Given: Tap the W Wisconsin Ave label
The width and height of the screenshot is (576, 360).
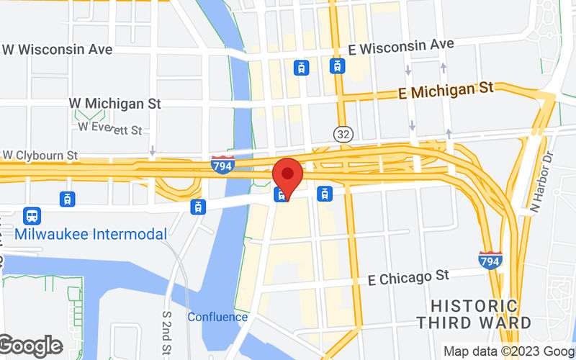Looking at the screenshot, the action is [x=58, y=50].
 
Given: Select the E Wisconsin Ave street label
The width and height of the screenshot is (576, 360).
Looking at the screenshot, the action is [x=400, y=46].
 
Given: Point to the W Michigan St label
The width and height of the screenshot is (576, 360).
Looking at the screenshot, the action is [x=115, y=104].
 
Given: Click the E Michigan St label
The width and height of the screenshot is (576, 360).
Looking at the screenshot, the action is [x=446, y=91].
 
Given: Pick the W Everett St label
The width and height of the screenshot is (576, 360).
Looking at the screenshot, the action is [x=110, y=129].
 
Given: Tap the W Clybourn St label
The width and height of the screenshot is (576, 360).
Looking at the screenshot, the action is [x=40, y=155].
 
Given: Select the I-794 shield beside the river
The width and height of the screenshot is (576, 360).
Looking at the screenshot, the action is [x=222, y=165].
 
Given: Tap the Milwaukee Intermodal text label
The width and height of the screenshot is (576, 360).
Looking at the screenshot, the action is [x=90, y=234].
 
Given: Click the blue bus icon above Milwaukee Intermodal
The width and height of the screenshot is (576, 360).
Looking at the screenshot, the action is [x=32, y=215].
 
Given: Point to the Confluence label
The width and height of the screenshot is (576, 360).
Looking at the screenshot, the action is [x=217, y=317].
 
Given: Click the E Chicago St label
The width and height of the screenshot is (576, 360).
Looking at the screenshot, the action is [x=408, y=276].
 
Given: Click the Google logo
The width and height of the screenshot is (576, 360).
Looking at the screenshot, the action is [x=30, y=346].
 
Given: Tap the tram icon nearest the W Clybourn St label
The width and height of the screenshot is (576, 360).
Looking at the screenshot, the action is [x=67, y=199].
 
